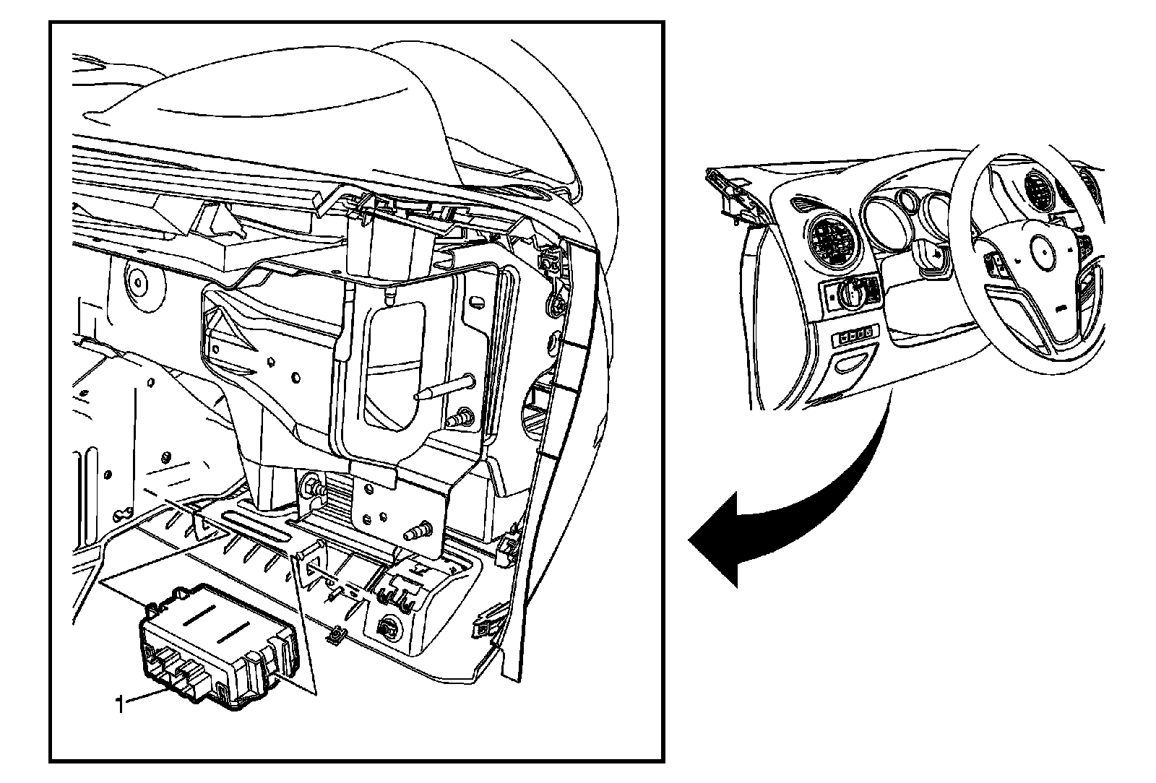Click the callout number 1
pyautogui.click(x=121, y=704)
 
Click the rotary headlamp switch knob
pyautogui.click(x=850, y=293)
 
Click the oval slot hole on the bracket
pyautogui.click(x=477, y=300)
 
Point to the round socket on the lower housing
pyautogui.click(x=387, y=628)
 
